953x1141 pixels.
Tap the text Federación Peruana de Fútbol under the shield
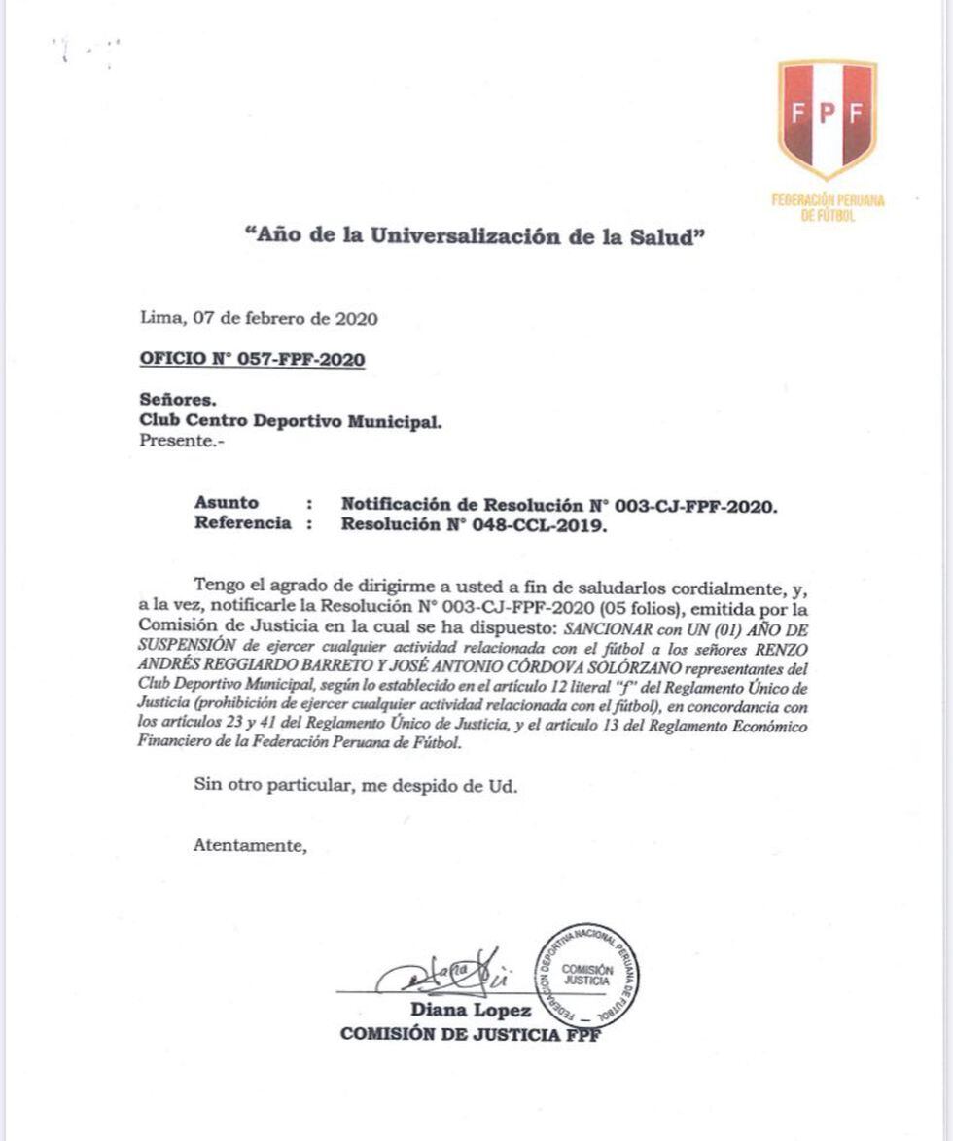click(x=828, y=207)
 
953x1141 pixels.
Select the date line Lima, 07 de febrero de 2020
click(x=259, y=318)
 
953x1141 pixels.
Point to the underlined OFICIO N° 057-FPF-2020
click(x=253, y=359)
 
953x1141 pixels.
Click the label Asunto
click(x=227, y=503)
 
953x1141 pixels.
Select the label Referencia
click(x=242, y=523)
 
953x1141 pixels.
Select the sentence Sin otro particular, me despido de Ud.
click(x=355, y=787)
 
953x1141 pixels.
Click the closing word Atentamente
click(x=250, y=845)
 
